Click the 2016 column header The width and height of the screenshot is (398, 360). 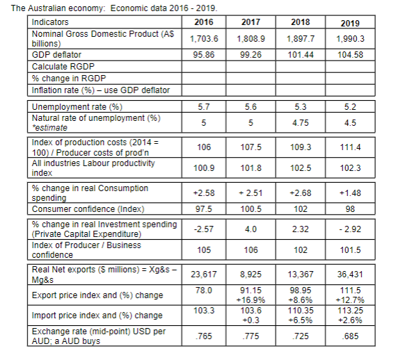click(x=202, y=23)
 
